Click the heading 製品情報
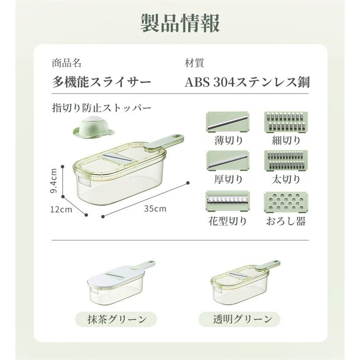tap(180, 23)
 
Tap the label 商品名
tap(67, 63)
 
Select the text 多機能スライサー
tap(102, 82)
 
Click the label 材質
tap(194, 63)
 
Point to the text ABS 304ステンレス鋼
tap(247, 82)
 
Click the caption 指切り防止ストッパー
tap(102, 108)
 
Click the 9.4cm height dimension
tap(54, 181)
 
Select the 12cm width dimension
tap(61, 209)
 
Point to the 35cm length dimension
tap(155, 208)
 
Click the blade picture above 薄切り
tap(228, 122)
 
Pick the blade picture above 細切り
tap(286, 122)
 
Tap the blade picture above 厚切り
tap(228, 161)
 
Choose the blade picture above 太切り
tap(286, 161)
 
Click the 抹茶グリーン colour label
tap(116, 319)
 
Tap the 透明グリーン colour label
tap(239, 319)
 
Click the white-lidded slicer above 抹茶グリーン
tap(121, 283)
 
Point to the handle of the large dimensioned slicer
tap(165, 142)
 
